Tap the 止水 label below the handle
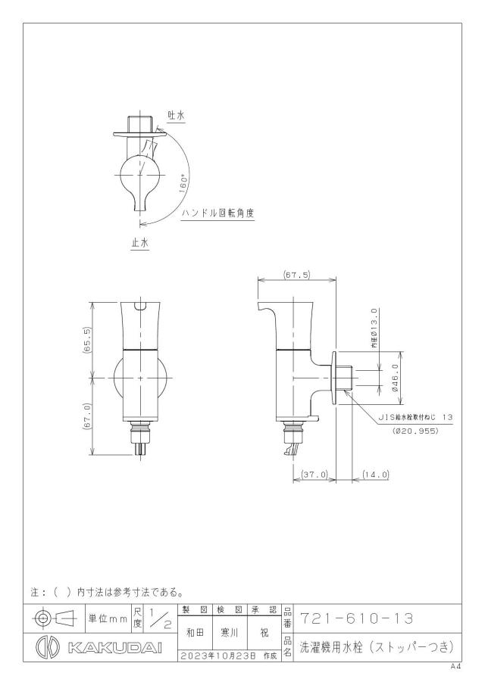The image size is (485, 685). coord(140,243)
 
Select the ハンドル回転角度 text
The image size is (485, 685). coord(218,213)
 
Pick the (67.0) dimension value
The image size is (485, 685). coord(87,416)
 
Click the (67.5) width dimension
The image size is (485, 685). coord(296,275)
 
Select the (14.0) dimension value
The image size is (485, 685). coord(376,475)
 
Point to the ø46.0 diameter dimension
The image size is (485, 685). coord(395,378)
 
